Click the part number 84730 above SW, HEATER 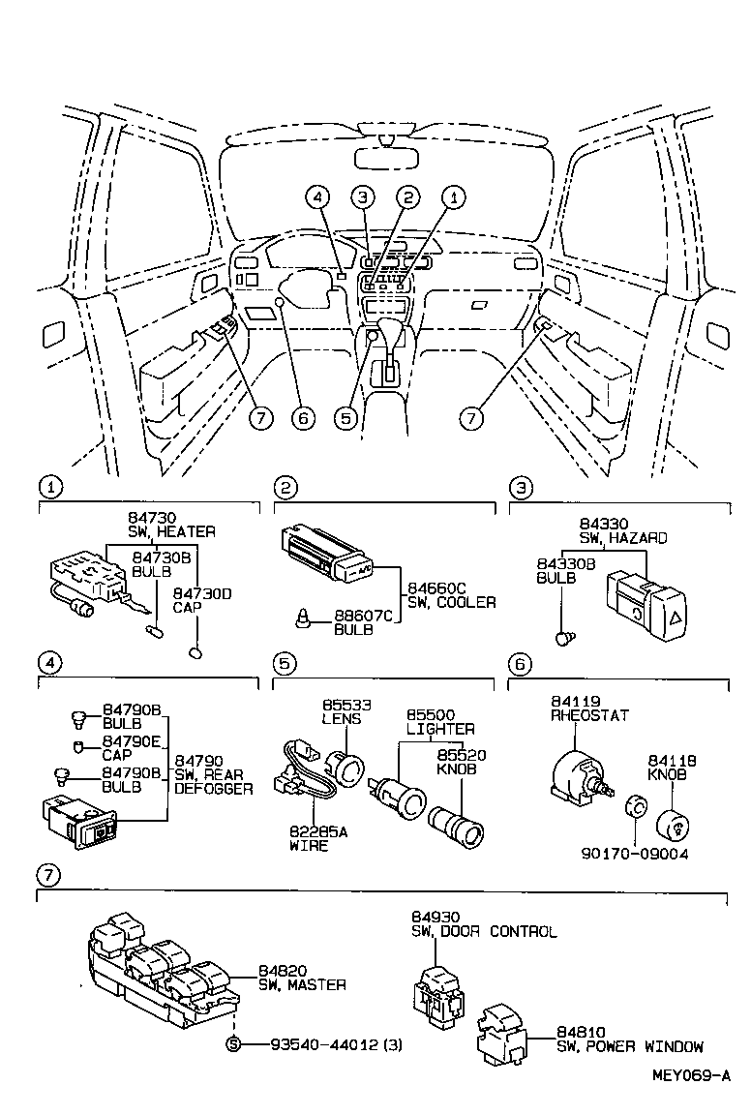tap(149, 519)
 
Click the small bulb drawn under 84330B tap(566, 637)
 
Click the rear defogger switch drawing tap(78, 818)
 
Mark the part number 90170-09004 tap(634, 854)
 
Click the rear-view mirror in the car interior tap(384, 157)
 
